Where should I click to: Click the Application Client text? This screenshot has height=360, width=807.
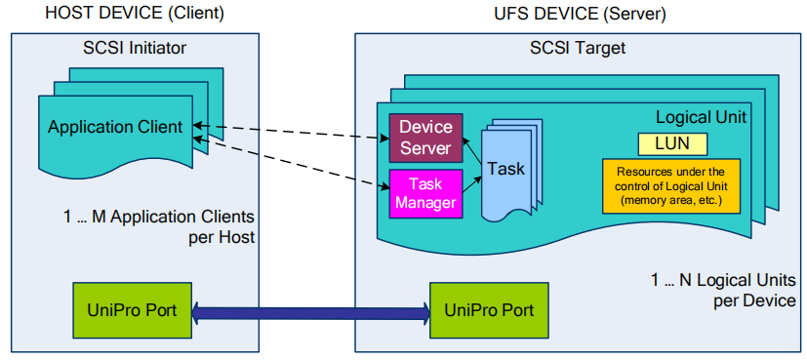pos(115,127)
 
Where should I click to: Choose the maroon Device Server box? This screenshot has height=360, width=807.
pos(425,138)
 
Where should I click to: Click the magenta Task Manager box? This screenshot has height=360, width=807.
pos(425,193)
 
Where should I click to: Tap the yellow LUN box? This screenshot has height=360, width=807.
pos(673,144)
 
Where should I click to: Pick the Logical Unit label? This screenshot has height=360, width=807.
pos(701,117)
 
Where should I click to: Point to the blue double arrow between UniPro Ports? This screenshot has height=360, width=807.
pos(310,312)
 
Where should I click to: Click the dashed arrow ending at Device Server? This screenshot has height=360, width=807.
pos(293,132)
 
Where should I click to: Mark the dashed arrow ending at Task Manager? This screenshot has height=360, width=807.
pos(293,162)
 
